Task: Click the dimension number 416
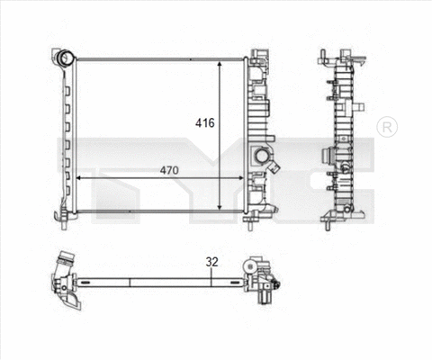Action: coord(205,123)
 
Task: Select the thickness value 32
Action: coord(212,263)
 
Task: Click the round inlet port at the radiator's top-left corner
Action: coord(64,59)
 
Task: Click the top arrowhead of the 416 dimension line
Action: coord(220,66)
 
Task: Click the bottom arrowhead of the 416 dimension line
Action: coord(220,204)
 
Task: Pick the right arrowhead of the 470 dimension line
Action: coord(240,178)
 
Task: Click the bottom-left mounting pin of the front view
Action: coord(64,216)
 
